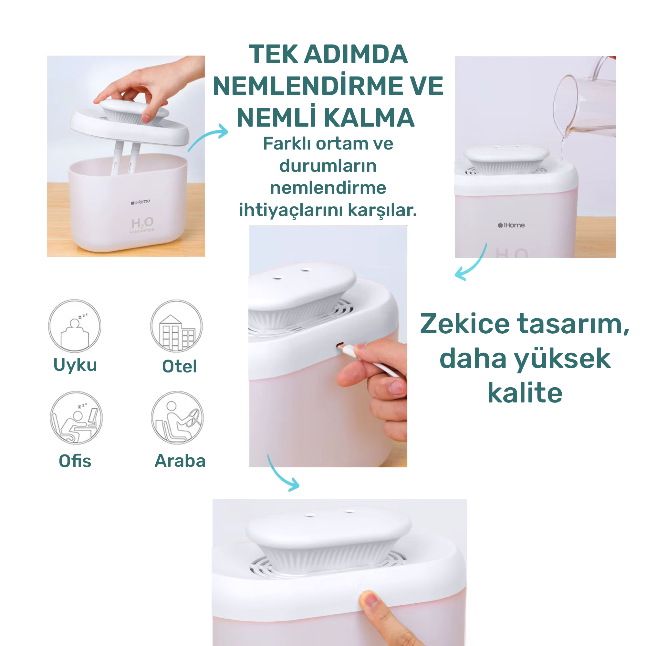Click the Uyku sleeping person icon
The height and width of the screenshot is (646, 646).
[75, 326]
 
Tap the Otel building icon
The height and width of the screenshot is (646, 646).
[176, 326]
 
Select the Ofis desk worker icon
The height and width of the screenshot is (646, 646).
[76, 418]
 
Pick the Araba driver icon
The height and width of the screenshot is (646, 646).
[177, 418]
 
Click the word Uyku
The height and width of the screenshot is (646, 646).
[75, 365]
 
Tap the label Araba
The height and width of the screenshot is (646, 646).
[180, 461]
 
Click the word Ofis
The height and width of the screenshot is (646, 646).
[75, 461]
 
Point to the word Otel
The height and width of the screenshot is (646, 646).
[180, 366]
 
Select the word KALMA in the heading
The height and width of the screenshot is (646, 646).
[369, 118]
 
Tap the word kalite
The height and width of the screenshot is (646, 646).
[525, 393]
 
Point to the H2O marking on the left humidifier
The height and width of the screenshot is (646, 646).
[142, 223]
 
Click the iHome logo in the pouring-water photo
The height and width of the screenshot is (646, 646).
[511, 225]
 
